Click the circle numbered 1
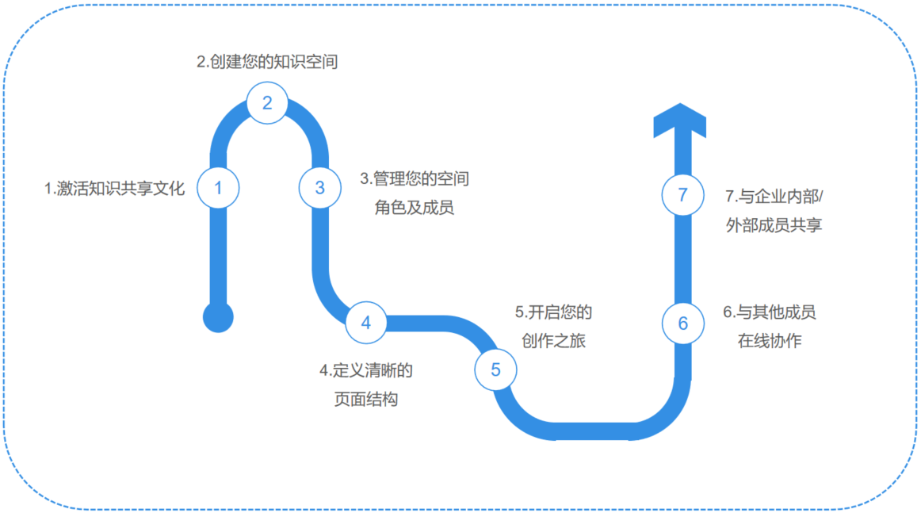pos(218,188)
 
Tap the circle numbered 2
pos(267,102)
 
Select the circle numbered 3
pos(319,188)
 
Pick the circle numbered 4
pos(365,323)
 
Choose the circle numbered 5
pos(495,369)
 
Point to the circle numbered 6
pos(683,323)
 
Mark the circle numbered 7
pos(683,194)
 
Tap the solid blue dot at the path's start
pos(218,317)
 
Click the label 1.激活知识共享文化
pos(114,189)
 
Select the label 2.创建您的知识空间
pos(267,62)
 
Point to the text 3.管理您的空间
pos(414,179)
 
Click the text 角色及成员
pos(414,209)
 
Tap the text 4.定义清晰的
pos(365,370)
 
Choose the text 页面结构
pos(365,400)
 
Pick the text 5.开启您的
pos(552,312)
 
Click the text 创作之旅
pos(552,342)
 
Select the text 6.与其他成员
pos(769,312)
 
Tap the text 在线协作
pos(769,342)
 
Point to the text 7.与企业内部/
pos(774,196)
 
